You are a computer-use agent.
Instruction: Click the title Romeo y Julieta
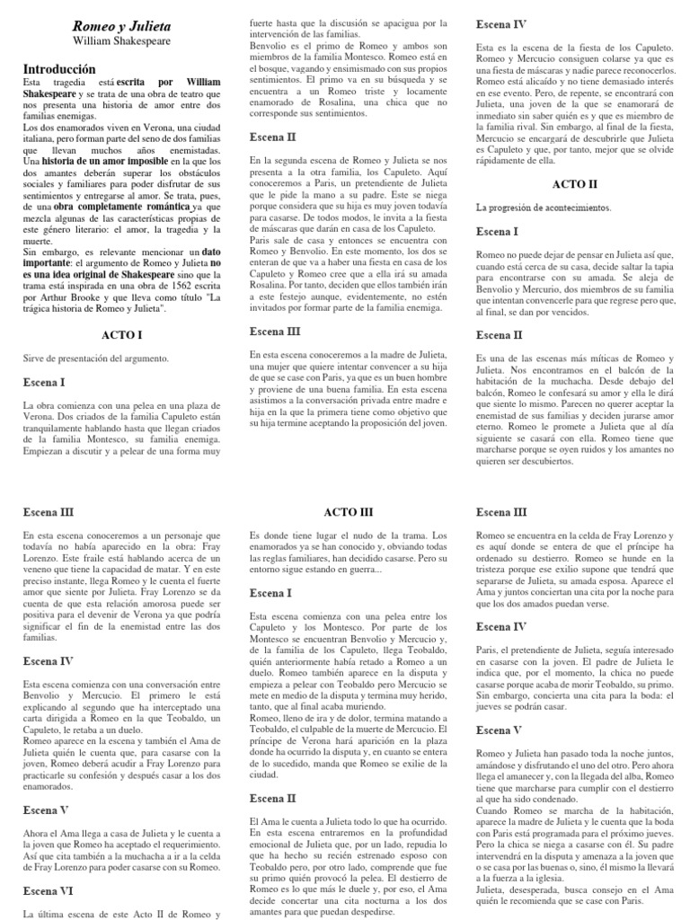[120, 27]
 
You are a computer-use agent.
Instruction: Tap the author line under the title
[120, 42]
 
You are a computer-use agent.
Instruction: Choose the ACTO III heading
[345, 511]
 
